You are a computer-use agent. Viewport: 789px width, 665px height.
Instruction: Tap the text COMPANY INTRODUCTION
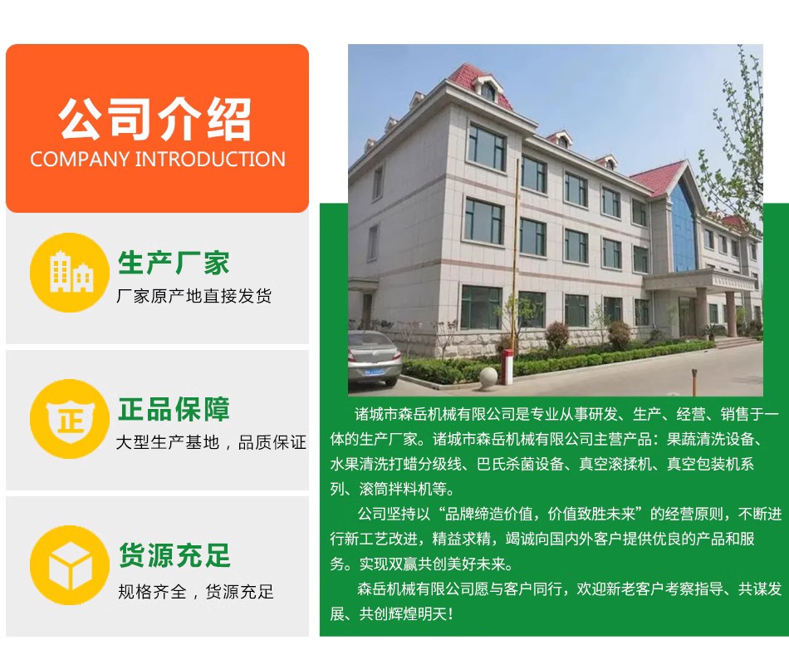click(x=158, y=160)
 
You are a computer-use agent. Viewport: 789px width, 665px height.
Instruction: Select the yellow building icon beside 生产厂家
click(x=70, y=273)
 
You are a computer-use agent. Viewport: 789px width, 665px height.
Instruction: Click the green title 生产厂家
click(x=174, y=263)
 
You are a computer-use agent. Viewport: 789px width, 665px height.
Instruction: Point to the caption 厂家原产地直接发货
click(x=194, y=296)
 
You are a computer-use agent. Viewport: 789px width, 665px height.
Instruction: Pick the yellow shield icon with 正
click(x=70, y=419)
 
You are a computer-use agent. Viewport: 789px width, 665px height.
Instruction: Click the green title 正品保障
click(x=174, y=409)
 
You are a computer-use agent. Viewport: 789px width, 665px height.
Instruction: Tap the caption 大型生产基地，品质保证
click(x=211, y=442)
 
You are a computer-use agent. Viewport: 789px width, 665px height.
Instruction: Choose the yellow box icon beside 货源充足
click(x=70, y=565)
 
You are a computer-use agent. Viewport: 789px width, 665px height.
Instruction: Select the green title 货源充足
click(x=174, y=555)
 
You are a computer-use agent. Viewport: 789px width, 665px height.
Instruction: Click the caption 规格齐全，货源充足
click(x=196, y=591)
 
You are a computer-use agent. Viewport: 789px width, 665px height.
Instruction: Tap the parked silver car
click(x=374, y=357)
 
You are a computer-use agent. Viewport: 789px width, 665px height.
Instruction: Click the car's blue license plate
click(x=375, y=372)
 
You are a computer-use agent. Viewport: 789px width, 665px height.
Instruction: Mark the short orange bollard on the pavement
click(x=694, y=382)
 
